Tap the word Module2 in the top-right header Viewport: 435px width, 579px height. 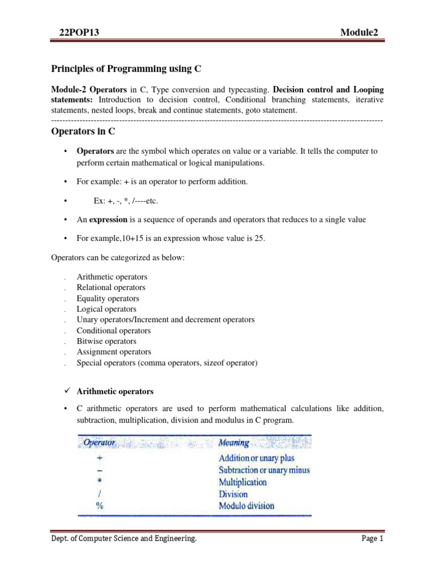click(x=361, y=33)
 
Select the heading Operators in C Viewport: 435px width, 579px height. click(x=84, y=131)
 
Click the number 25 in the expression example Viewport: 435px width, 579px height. click(x=259, y=238)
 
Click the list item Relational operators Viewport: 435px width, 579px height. click(x=111, y=288)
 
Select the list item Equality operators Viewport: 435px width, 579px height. click(x=108, y=299)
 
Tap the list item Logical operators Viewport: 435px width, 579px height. click(x=106, y=309)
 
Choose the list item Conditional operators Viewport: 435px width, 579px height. click(x=114, y=331)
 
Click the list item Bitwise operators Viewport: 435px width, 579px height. click(x=106, y=342)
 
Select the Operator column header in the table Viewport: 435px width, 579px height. click(x=100, y=442)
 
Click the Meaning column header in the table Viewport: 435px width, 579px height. click(x=234, y=442)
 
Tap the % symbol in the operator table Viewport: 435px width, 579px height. click(x=99, y=506)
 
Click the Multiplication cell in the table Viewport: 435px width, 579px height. click(x=242, y=482)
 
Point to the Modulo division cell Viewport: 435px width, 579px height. click(x=246, y=506)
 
